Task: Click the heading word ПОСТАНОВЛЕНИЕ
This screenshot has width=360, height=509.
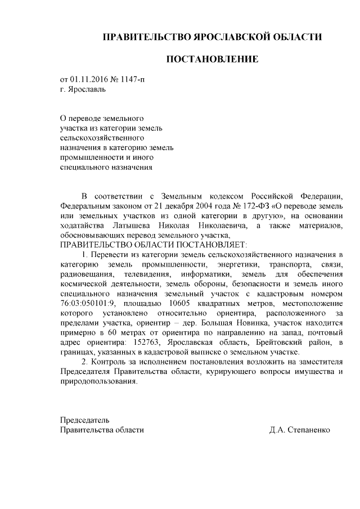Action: (x=211, y=59)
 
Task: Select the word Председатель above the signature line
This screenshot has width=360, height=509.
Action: (x=85, y=420)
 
